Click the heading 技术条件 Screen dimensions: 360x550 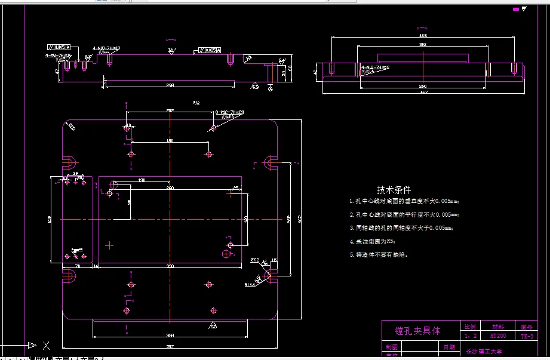click(x=394, y=189)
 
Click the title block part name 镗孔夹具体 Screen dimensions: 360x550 click(x=417, y=330)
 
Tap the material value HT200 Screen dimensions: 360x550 click(x=497, y=336)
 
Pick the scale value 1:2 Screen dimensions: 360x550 click(x=469, y=336)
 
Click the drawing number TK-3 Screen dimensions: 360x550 click(x=526, y=336)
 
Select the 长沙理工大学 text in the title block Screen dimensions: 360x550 click(x=484, y=352)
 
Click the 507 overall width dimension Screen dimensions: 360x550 click(x=170, y=346)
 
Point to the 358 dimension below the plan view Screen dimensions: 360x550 click(x=170, y=335)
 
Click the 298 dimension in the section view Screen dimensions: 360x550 click(x=170, y=85)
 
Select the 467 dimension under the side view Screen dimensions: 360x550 click(x=424, y=92)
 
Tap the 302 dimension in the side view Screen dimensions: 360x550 click(x=423, y=44)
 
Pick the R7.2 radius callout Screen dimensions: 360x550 click(x=254, y=260)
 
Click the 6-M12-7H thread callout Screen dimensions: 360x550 click(x=232, y=112)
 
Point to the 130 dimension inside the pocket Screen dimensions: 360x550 click(x=142, y=180)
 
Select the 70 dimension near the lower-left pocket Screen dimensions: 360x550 click(x=78, y=266)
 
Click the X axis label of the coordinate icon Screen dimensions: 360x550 click(x=47, y=345)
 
